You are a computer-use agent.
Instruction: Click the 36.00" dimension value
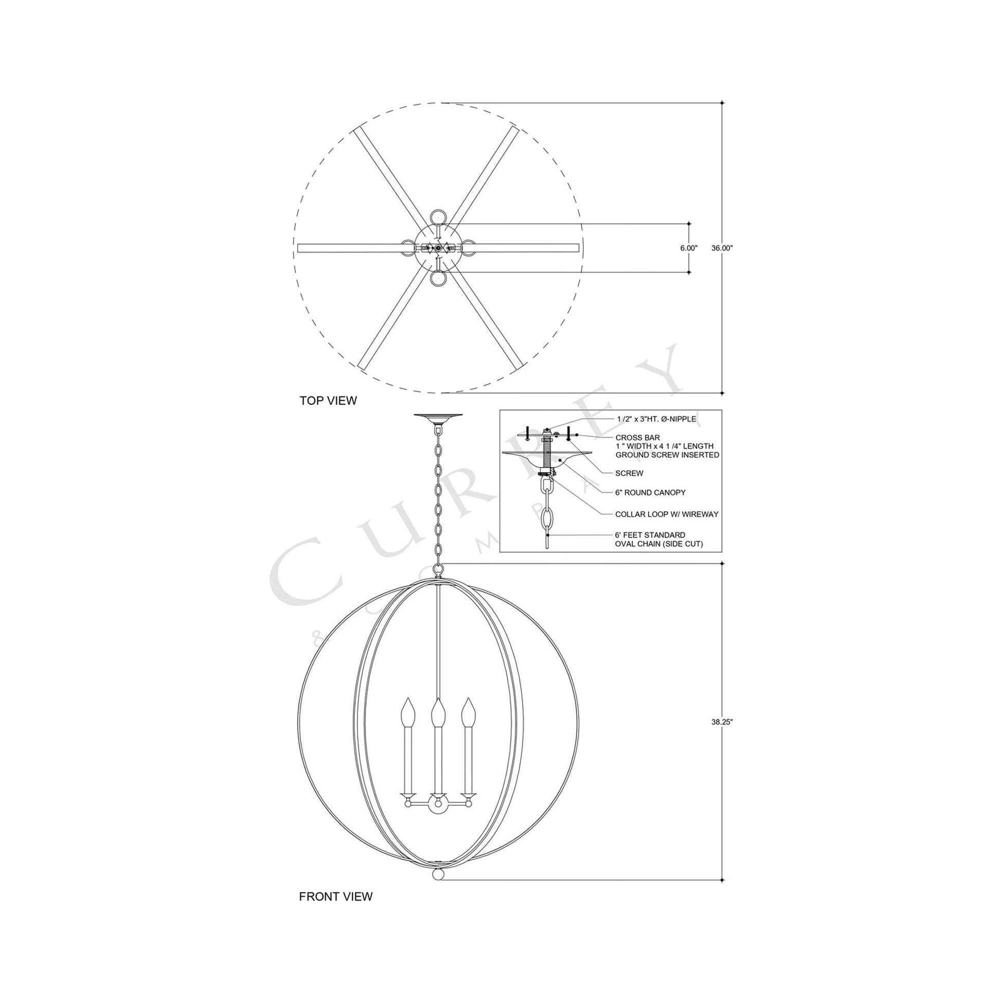(722, 248)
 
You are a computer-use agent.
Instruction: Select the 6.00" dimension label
(689, 248)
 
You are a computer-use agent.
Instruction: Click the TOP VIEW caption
(328, 401)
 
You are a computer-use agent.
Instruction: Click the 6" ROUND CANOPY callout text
(650, 493)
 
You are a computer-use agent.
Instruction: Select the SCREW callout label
(629, 473)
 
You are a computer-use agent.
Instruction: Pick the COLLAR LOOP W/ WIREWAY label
(666, 514)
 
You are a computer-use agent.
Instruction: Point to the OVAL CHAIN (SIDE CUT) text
(658, 544)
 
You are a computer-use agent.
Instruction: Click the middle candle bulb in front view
(438, 712)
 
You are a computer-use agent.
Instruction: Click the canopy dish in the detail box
(547, 457)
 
